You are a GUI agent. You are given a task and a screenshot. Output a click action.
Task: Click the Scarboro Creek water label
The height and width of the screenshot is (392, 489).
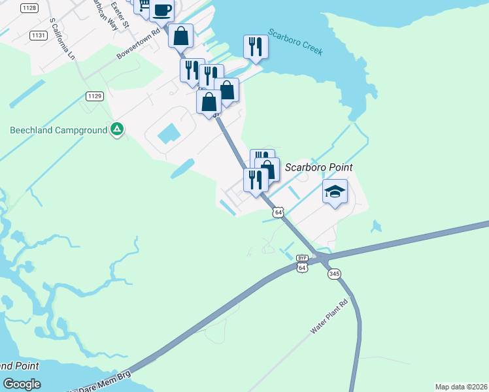(x=295, y=42)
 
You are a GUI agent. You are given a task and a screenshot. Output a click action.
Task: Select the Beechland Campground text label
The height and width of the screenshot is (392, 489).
(x=58, y=130)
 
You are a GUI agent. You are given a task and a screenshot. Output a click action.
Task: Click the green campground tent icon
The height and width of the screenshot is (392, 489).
(x=116, y=129)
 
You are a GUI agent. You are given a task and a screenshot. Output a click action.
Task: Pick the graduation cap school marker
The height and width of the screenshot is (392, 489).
(x=335, y=191)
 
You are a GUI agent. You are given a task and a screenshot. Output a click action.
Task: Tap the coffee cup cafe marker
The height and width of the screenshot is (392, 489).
(x=161, y=10)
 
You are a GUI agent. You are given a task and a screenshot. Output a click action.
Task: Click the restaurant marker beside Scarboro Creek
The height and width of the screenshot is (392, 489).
(x=256, y=47)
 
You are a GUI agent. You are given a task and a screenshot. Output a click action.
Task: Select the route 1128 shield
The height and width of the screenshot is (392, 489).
(x=29, y=8)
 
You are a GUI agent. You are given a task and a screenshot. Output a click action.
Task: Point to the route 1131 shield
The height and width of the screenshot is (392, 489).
(x=38, y=35)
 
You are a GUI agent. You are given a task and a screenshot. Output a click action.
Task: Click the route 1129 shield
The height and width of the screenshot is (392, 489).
(x=94, y=96)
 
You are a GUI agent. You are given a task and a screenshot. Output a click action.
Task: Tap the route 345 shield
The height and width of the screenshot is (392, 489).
(x=334, y=273)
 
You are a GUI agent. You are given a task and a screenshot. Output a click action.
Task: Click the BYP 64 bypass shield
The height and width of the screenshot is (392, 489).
(x=302, y=263)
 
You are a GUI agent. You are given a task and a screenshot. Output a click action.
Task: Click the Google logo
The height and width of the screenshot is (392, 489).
(x=22, y=384)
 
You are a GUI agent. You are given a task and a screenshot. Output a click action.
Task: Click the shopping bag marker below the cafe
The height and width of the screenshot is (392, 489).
(x=181, y=36)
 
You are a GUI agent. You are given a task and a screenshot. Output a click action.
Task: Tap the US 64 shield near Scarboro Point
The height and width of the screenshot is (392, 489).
(x=279, y=212)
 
